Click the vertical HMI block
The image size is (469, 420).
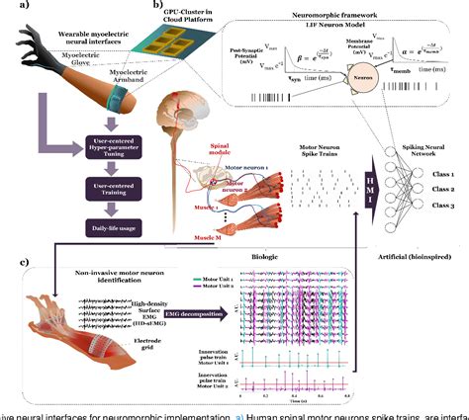364,180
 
